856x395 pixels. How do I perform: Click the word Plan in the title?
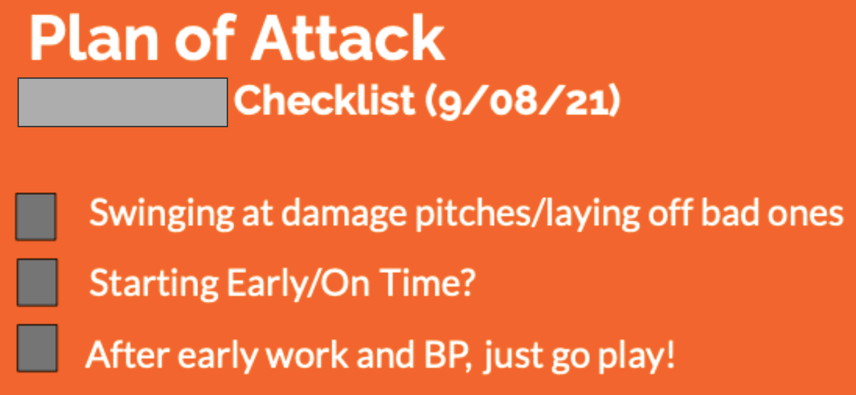pyautogui.click(x=94, y=38)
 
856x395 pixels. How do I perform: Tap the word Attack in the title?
pyautogui.click(x=349, y=38)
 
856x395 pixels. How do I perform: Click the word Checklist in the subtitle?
pyautogui.click(x=324, y=100)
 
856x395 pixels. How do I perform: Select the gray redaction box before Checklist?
pyautogui.click(x=123, y=102)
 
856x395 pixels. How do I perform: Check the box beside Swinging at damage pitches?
pyautogui.click(x=36, y=217)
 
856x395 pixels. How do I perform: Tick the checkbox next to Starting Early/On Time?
pyautogui.click(x=37, y=282)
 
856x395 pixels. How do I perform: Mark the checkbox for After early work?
pyautogui.click(x=37, y=348)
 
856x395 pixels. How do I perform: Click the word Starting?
pyautogui.click(x=153, y=283)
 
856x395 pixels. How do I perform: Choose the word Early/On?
pyautogui.click(x=298, y=283)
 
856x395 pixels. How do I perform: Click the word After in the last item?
pyautogui.click(x=128, y=354)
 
